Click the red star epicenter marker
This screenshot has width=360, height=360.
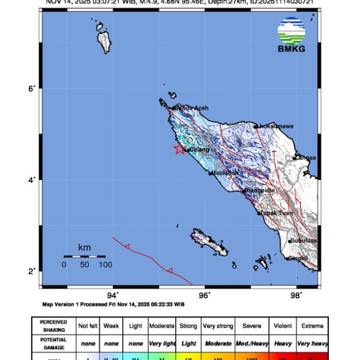pyautogui.click(x=179, y=149)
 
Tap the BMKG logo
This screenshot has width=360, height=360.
pyautogui.click(x=291, y=35)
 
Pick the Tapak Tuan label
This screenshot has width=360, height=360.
pyautogui.click(x=275, y=213)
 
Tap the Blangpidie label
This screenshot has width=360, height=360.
pyautogui.click(x=260, y=190)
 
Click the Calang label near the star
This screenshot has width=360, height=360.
pyautogui.click(x=199, y=150)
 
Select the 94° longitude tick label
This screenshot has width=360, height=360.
pyautogui.click(x=113, y=294)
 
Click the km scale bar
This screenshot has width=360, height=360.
pyautogui.click(x=84, y=257)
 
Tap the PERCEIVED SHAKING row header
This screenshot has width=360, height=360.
pyautogui.click(x=53, y=326)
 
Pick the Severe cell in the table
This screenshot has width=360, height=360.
pyautogui.click(x=251, y=326)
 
